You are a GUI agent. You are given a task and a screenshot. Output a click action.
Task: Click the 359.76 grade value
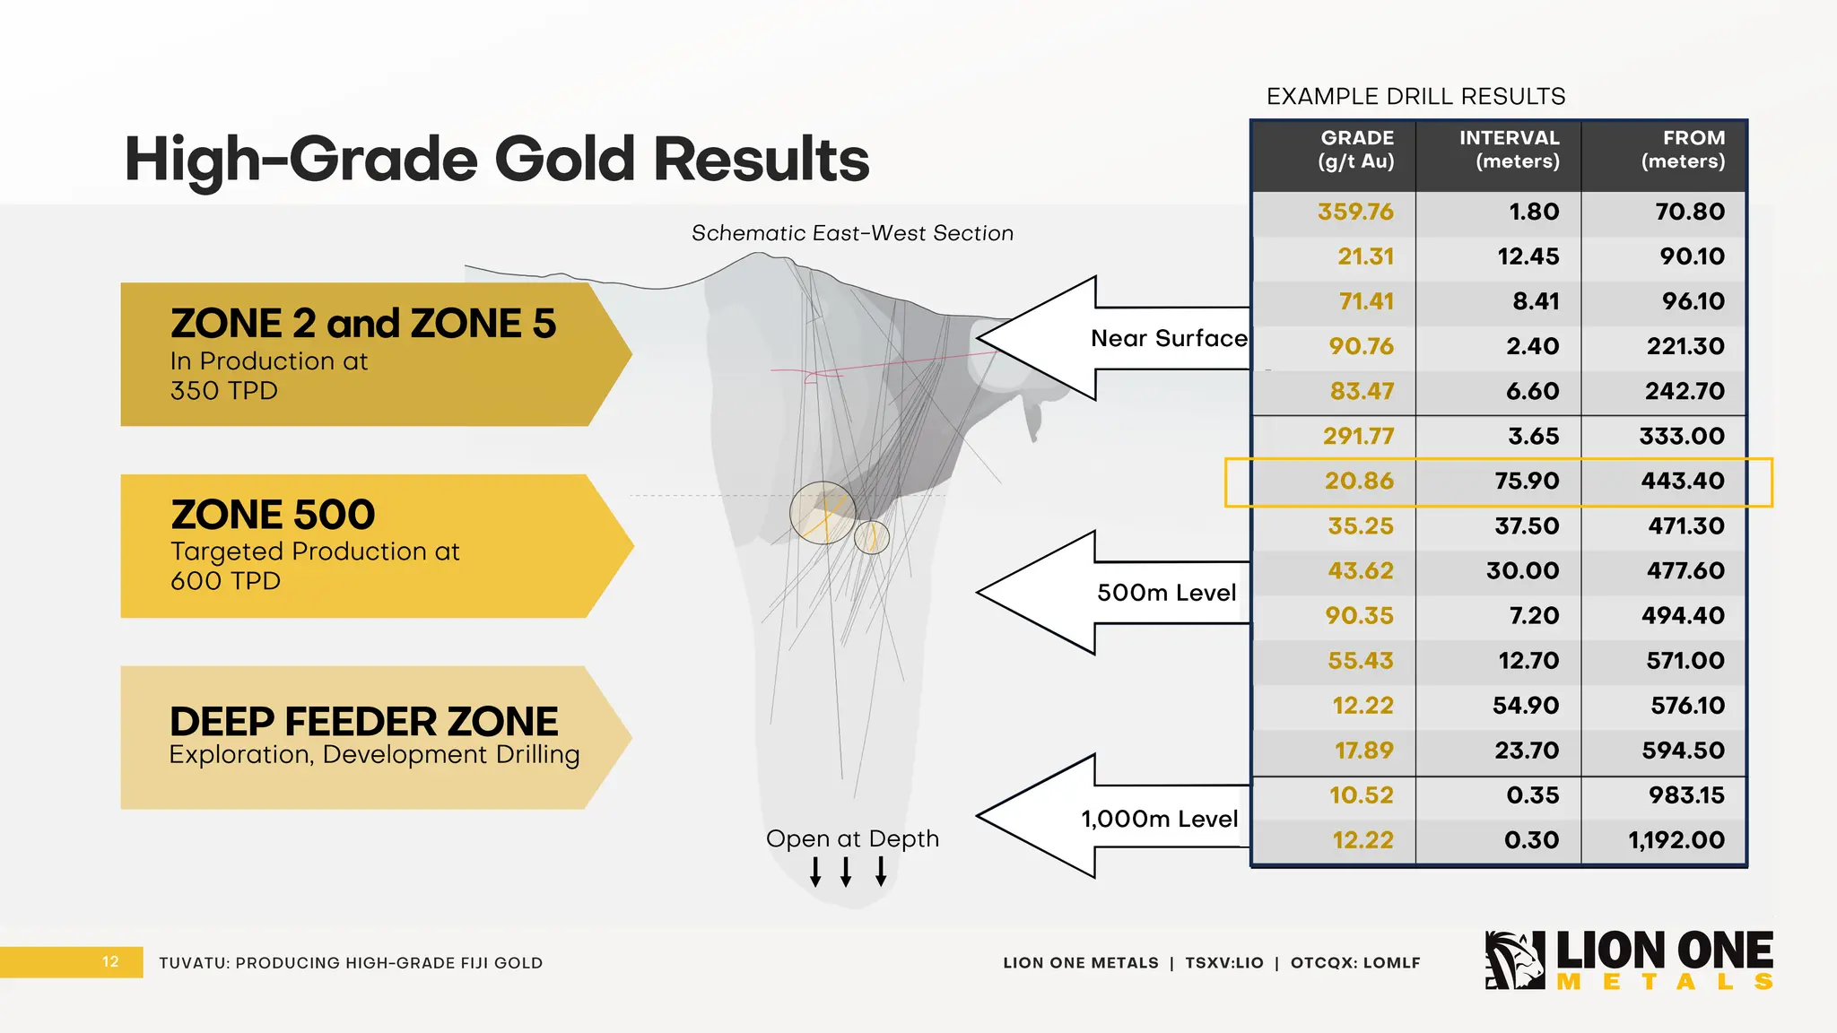(1355, 212)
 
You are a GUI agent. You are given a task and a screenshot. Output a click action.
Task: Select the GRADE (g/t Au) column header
(1356, 150)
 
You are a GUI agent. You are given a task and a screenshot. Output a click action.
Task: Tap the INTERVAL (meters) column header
(1509, 150)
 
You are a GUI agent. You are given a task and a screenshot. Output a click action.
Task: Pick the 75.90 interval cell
(1527, 482)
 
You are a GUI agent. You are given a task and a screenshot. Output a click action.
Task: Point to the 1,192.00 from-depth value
(1676, 840)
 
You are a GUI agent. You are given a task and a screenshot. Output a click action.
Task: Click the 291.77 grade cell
(1358, 437)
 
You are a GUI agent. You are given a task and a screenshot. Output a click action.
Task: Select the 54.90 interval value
(1526, 706)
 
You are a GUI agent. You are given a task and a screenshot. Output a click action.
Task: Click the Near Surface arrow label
(1168, 339)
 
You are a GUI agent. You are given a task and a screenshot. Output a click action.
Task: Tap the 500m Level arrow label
(1166, 593)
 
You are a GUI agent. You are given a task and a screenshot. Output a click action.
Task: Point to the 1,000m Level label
(1159, 819)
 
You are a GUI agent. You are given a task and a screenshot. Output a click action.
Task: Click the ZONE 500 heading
(273, 515)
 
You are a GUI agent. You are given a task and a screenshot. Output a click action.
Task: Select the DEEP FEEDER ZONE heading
(363, 722)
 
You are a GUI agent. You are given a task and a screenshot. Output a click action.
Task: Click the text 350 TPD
(224, 391)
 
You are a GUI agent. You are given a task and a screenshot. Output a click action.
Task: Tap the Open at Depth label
(852, 839)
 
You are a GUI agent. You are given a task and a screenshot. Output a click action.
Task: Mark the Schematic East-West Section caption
(852, 233)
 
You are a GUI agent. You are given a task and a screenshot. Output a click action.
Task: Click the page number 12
(110, 962)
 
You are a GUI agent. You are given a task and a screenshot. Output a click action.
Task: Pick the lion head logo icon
(1515, 960)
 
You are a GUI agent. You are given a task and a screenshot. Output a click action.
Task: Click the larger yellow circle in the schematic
(823, 513)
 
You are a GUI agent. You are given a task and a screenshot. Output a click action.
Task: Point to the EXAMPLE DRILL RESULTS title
(1415, 97)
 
